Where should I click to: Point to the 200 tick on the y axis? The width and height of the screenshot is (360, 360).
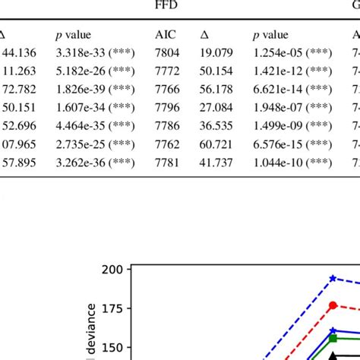[x=112, y=270]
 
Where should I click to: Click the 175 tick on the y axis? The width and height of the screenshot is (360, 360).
[x=112, y=308]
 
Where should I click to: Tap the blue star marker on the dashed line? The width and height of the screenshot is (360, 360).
[x=332, y=279]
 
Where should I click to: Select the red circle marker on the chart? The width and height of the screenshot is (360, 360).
[x=332, y=305]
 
